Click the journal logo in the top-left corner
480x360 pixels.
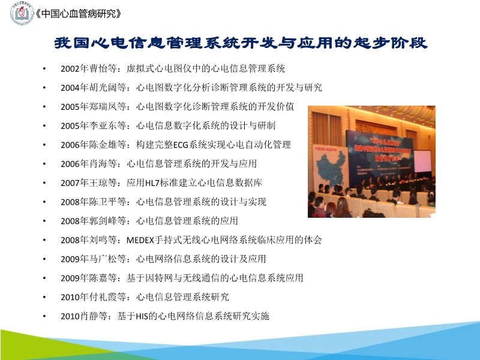tap(22, 13)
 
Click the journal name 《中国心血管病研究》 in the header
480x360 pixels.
tap(78, 13)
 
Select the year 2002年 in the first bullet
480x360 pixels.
tap(73, 69)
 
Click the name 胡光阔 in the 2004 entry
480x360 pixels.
tap(100, 88)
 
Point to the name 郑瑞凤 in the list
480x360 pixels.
tap(100, 107)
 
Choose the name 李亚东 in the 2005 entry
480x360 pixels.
tap(100, 126)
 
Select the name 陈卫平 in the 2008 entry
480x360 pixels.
tap(100, 202)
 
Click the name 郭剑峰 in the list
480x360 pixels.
tap(100, 221)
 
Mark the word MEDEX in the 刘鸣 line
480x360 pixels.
tap(140, 240)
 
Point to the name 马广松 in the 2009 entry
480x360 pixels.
tap(100, 259)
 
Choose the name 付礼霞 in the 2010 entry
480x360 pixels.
tap(100, 297)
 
